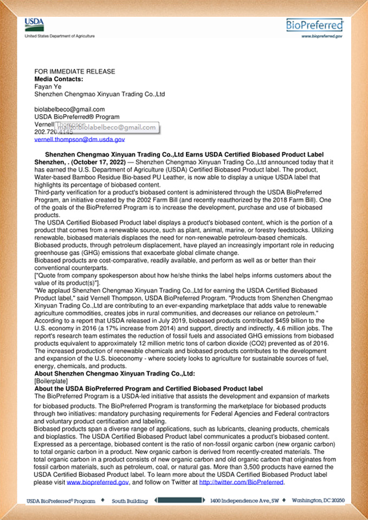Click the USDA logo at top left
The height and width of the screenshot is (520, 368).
tap(34, 24)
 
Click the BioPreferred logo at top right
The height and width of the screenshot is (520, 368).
tap(315, 25)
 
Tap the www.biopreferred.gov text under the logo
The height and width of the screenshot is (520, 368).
tap(322, 36)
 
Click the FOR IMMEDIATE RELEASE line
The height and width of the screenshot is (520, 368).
tap(75, 71)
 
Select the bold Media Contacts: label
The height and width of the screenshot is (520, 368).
tap(59, 79)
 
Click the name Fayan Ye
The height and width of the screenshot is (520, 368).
tap(48, 87)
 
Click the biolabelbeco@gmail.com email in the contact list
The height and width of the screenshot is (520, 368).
tap(70, 109)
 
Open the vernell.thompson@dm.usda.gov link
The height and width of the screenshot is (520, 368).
tap(80, 139)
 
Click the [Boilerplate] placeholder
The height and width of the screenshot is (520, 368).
tap(51, 381)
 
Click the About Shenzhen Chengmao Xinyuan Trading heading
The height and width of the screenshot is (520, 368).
tap(114, 374)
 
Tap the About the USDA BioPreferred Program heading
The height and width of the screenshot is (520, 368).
tap(149, 389)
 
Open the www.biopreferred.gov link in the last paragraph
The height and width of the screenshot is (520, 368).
tap(98, 482)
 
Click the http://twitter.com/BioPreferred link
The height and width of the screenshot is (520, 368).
tap(241, 482)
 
